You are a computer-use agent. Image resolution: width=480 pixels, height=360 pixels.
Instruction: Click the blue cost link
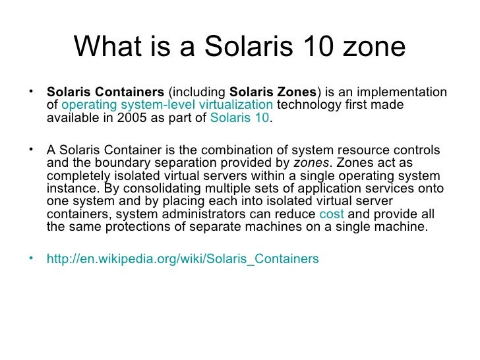(x=331, y=215)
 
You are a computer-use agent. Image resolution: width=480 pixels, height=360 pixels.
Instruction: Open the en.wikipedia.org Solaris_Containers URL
(x=183, y=259)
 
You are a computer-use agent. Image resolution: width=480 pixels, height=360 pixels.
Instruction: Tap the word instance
(x=69, y=189)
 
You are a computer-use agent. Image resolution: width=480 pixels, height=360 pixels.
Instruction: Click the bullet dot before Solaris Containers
(x=33, y=89)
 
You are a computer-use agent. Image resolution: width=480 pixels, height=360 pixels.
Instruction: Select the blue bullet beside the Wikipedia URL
(x=33, y=257)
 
